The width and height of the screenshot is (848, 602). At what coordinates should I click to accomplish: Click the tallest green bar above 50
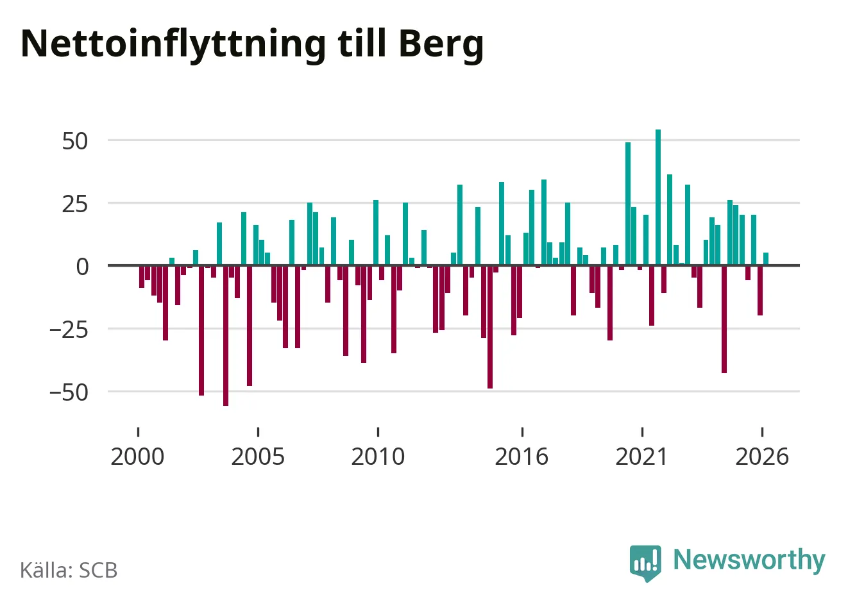click(x=658, y=197)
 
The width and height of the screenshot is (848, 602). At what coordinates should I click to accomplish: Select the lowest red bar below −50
click(x=226, y=336)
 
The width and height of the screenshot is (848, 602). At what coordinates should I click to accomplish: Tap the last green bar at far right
click(x=766, y=259)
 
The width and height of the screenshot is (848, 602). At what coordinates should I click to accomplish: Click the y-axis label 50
click(x=75, y=142)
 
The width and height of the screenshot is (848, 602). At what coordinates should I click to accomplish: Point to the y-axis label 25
click(x=75, y=205)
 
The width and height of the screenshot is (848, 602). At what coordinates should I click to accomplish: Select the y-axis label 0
click(x=82, y=267)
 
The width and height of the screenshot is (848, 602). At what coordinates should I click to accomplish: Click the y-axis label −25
click(x=69, y=330)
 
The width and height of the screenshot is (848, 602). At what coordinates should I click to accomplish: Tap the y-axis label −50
click(x=69, y=393)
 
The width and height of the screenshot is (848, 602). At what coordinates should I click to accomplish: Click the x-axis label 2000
click(x=137, y=456)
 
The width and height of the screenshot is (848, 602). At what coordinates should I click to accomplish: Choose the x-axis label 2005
click(x=258, y=456)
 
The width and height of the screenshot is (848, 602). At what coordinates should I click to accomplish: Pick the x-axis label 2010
click(x=378, y=456)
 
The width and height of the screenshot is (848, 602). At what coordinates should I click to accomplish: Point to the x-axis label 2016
click(x=522, y=456)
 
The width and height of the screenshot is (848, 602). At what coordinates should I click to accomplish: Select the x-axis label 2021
click(x=641, y=456)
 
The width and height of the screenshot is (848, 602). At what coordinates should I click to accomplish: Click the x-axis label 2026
click(x=762, y=456)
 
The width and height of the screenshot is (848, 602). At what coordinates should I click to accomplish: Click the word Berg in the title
click(x=441, y=46)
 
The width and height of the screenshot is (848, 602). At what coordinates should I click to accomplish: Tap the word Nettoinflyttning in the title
click(x=173, y=46)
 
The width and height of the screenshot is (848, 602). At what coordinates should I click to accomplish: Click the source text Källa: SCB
click(x=69, y=570)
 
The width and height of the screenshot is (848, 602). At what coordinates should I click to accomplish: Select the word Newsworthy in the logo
click(x=749, y=559)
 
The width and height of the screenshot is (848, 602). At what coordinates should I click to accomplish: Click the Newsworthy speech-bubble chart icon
click(x=645, y=563)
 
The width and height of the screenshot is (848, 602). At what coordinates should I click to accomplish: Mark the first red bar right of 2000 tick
click(x=142, y=276)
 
